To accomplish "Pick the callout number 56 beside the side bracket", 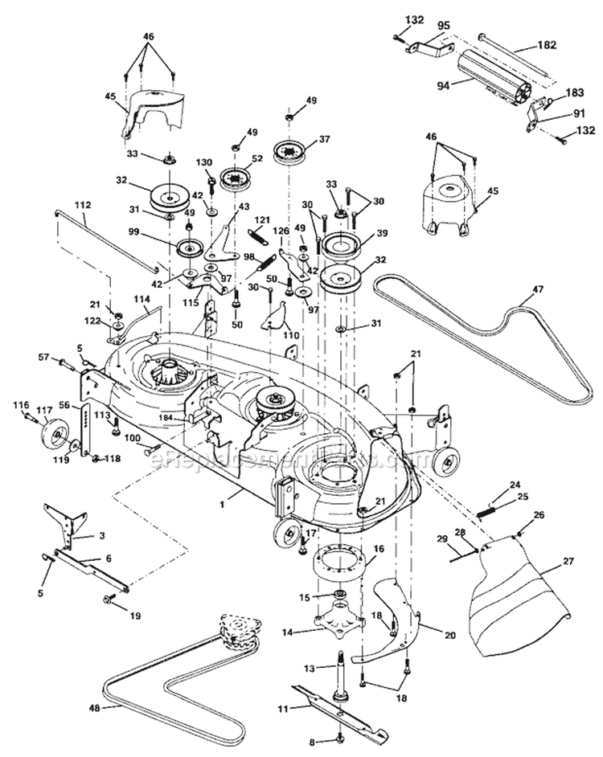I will (66, 406).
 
